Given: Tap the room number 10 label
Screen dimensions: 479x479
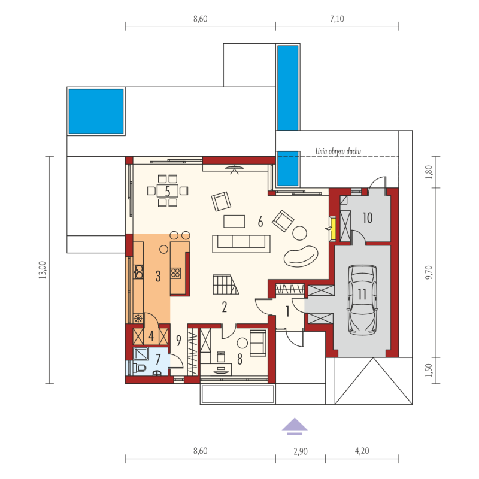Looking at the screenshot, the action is [367, 218].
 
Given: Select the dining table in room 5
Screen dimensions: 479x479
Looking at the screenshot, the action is [168, 191].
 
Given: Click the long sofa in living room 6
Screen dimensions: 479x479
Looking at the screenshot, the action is [241, 244].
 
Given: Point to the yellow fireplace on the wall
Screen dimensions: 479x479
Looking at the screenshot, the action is [333, 229].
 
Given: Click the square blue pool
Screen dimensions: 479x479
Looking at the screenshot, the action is [96, 111].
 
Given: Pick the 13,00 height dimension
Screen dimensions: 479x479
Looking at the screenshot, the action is [43, 270].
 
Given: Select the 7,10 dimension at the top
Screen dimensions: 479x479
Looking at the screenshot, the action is [337, 19].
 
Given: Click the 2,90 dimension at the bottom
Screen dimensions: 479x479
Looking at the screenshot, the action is [301, 451].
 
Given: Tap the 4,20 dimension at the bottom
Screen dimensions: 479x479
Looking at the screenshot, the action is [362, 451].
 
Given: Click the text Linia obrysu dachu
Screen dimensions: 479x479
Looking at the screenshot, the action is [338, 151].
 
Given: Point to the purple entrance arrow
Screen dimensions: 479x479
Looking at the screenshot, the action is [295, 426].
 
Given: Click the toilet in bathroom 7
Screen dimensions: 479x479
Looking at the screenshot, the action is [140, 368].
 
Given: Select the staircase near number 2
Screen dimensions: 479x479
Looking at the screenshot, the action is [226, 284].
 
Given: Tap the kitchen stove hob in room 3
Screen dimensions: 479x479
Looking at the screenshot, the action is [175, 273].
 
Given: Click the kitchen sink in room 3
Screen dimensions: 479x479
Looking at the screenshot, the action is [138, 272].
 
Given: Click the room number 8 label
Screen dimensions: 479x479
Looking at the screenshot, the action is [240, 359].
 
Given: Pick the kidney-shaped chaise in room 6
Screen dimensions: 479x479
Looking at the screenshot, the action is [301, 256].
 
